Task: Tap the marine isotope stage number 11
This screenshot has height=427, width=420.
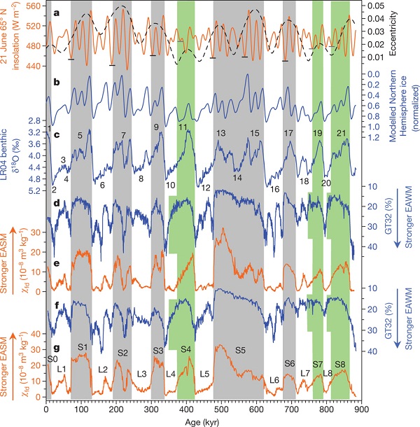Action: (x=183, y=128)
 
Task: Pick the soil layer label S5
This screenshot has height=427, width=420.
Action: (x=239, y=349)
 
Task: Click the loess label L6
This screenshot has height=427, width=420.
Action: (x=274, y=379)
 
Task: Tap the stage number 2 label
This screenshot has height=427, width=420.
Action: (x=53, y=190)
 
